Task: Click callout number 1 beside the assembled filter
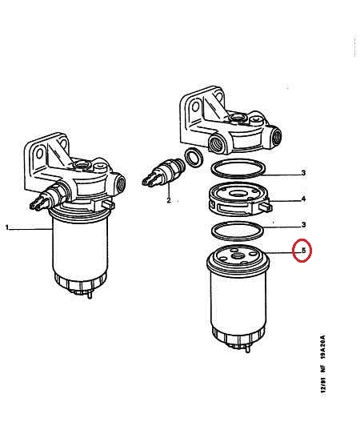[7, 227]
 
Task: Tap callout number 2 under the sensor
[169, 200]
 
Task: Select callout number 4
[303, 199]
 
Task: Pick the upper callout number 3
[303, 173]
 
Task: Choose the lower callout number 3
[303, 225]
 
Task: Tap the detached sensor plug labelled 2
[163, 171]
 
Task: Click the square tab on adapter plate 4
[266, 207]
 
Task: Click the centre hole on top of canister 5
[238, 256]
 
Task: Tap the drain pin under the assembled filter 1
[90, 294]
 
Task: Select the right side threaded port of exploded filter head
[276, 136]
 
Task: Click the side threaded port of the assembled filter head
[120, 184]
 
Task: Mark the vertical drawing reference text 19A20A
[323, 348]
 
